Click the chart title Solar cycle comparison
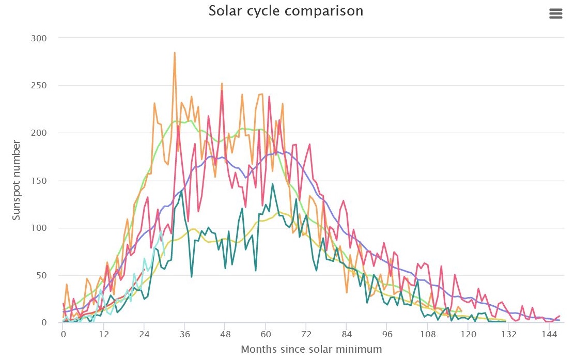pyautogui.click(x=286, y=11)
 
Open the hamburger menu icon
pyautogui.click(x=555, y=14)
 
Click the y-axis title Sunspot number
pyautogui.click(x=17, y=180)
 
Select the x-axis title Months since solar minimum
pyautogui.click(x=312, y=349)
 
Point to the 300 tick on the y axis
pyautogui.click(x=39, y=38)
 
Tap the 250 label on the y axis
pyautogui.click(x=39, y=86)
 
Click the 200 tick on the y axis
pyautogui.click(x=39, y=133)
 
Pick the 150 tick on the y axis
pyautogui.click(x=39, y=181)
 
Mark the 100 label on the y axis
pyautogui.click(x=39, y=228)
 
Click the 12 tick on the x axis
pyautogui.click(x=103, y=334)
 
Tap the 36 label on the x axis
pyautogui.click(x=184, y=334)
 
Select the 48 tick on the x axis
pyautogui.click(x=225, y=334)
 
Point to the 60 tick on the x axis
pyautogui.click(x=266, y=334)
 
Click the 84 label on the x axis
pyautogui.click(x=347, y=334)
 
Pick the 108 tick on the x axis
pyautogui.click(x=427, y=334)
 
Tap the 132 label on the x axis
pyautogui.click(x=508, y=334)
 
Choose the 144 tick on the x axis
pyautogui.click(x=549, y=334)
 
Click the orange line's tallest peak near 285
pyautogui.click(x=175, y=53)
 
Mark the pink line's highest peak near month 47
pyautogui.click(x=222, y=91)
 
